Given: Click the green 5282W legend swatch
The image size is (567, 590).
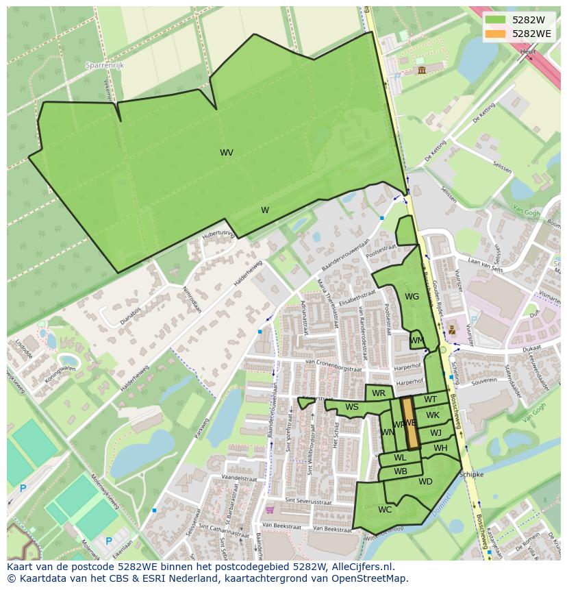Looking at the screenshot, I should coord(496,20).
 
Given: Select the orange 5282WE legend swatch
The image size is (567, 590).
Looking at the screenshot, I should coord(496,34).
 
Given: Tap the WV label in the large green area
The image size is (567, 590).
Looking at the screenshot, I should coord(227,153).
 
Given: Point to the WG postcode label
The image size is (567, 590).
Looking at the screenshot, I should coord(412,297).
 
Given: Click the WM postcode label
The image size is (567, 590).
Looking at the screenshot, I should coord(417,341).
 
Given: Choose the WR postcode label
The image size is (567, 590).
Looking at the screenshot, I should coord(379,393).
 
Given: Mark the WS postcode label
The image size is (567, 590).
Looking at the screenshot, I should coord(352,407).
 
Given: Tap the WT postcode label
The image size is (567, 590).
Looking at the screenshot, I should coord(430,400).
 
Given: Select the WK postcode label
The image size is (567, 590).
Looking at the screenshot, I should coord(433,415).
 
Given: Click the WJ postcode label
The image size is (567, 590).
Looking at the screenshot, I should coord(436,432).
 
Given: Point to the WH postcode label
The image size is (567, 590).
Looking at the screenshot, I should coord(440,448).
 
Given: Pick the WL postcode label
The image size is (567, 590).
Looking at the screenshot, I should coord(400,458).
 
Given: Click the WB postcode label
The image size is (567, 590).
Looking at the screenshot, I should coord(401,471).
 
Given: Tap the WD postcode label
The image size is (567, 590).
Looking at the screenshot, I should coord(425,482).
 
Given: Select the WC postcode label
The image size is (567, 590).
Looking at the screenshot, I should coord(385,509).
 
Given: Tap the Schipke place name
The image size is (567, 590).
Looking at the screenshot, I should coord(471,474).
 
